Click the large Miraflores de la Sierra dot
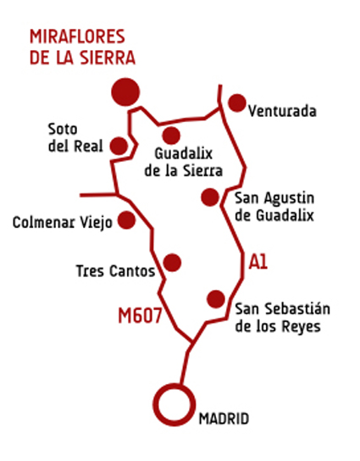click(x=125, y=92)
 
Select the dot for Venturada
click(x=237, y=103)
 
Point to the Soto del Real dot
click(x=119, y=146)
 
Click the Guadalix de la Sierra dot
click(x=171, y=136)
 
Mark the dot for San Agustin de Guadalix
click(x=210, y=197)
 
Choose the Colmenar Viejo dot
click(x=126, y=220)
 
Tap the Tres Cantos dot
click(x=172, y=263)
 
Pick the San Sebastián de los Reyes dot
click(x=216, y=299)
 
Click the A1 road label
click(x=258, y=262)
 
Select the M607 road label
click(x=140, y=315)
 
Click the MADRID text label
click(x=224, y=419)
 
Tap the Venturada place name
click(x=282, y=111)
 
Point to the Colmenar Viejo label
click(x=63, y=223)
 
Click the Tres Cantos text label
click(x=115, y=271)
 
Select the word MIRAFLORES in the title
click(x=78, y=36)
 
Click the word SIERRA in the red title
click(x=108, y=58)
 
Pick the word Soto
click(x=63, y=129)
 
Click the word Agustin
click(x=289, y=199)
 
